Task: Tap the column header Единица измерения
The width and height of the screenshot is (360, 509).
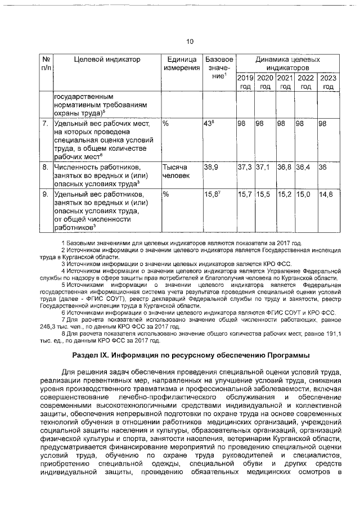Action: [181, 64]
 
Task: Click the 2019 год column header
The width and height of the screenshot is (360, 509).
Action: [245, 82]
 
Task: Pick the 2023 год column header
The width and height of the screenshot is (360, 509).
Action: [328, 82]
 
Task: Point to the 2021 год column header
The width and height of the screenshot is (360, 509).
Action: [285, 82]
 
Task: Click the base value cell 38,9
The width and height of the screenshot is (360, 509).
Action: [211, 168]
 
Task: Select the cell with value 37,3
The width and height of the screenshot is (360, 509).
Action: [244, 168]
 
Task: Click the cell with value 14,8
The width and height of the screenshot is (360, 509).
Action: [326, 195]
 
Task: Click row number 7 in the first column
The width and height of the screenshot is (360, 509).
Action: [45, 123]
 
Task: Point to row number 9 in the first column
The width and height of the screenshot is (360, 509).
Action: [45, 195]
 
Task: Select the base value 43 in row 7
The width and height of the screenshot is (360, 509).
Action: [209, 123]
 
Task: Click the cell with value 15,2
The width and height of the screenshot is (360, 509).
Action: [285, 195]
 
